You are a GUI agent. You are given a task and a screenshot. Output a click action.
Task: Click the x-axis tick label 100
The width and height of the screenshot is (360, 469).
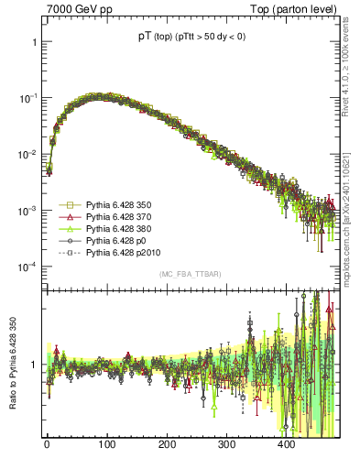[107, 444]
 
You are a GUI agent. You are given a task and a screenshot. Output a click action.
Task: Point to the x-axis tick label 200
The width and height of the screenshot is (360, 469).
[167, 444]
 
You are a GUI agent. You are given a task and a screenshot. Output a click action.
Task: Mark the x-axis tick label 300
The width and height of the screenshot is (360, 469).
[226, 444]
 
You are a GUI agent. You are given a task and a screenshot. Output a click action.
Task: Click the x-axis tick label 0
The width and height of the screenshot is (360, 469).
[48, 444]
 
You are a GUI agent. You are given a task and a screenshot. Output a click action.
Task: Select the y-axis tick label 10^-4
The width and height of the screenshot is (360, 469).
[27, 267]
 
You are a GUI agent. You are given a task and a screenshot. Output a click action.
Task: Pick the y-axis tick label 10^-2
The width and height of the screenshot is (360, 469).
[27, 155]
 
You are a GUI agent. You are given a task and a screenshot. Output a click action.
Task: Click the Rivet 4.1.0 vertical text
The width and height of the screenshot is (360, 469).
[345, 64]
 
